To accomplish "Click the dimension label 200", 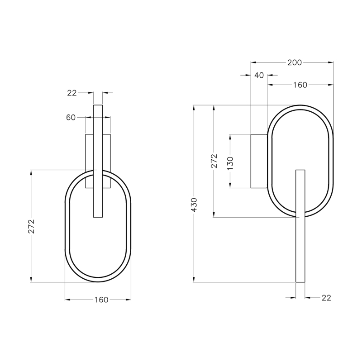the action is coord(295,62).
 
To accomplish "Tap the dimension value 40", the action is coord(259,75).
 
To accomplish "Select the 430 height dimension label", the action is coord(194,205).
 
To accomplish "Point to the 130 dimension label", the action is coord(230,163).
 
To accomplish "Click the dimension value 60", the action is coord(71,118).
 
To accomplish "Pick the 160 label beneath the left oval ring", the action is coord(101,300).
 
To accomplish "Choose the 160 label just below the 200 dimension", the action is coord(300,85).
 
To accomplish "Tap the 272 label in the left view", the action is coord(31,226).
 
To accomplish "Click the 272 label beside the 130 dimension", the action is coord(214,161).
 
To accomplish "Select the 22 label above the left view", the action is coord(72,93).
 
